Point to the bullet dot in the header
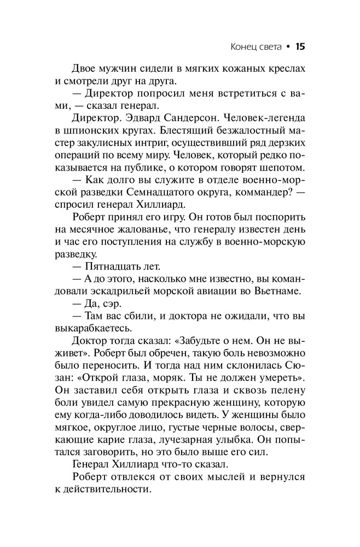(x=287, y=47)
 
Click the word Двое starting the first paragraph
(x=86, y=70)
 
